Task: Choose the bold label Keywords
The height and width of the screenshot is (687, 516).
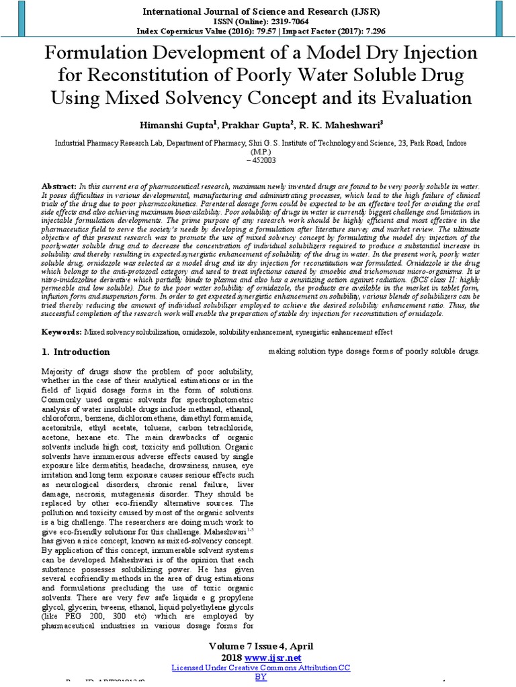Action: pyautogui.click(x=61, y=332)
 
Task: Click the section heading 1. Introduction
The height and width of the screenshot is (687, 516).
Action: pyautogui.click(x=76, y=352)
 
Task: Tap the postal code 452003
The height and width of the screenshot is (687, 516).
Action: pyautogui.click(x=261, y=160)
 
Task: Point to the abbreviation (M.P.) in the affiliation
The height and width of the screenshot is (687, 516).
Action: pyautogui.click(x=258, y=152)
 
